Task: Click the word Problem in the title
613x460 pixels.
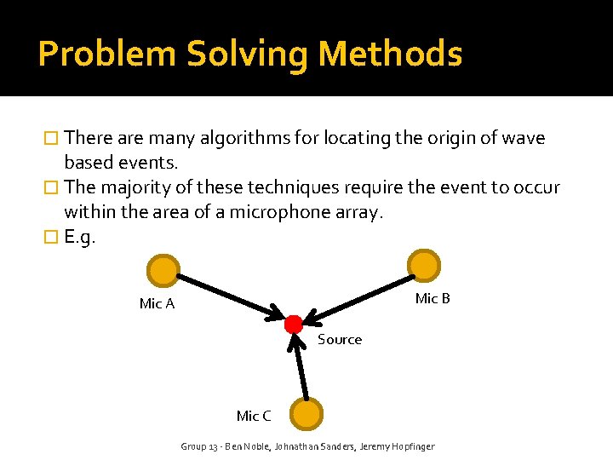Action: click(x=106, y=55)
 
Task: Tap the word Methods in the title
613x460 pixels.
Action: click(x=390, y=55)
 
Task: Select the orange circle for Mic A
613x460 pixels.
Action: click(x=162, y=271)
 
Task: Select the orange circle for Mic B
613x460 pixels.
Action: click(x=423, y=264)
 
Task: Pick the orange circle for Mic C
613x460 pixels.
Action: click(x=306, y=414)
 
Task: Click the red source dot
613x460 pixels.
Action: click(x=294, y=324)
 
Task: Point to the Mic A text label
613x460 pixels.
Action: click(x=157, y=304)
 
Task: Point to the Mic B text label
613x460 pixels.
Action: click(x=433, y=298)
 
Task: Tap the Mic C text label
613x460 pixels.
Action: click(x=254, y=416)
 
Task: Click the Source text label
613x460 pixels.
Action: click(x=340, y=340)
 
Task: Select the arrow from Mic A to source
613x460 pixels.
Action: click(x=230, y=296)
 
